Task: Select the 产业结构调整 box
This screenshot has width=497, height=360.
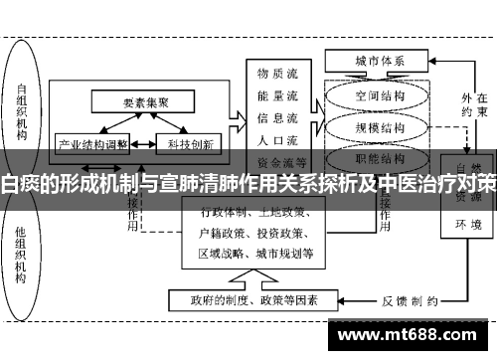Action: pyautogui.click(x=90, y=142)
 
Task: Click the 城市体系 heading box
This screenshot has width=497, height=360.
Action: pyautogui.click(x=380, y=61)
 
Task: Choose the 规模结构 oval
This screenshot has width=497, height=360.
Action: pyautogui.click(x=380, y=127)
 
